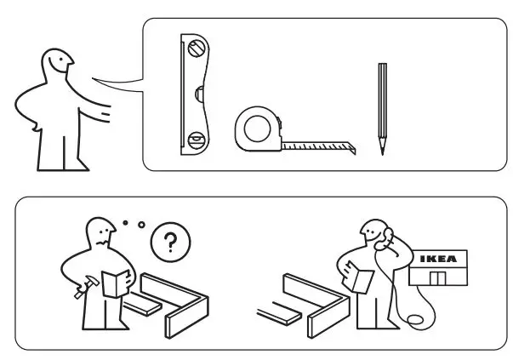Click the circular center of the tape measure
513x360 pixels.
[x=256, y=129]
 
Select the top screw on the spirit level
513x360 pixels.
[x=197, y=49]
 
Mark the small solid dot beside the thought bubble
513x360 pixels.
[x=124, y=223]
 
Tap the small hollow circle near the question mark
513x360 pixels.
[x=140, y=226]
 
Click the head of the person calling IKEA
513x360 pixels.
[x=370, y=231]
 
